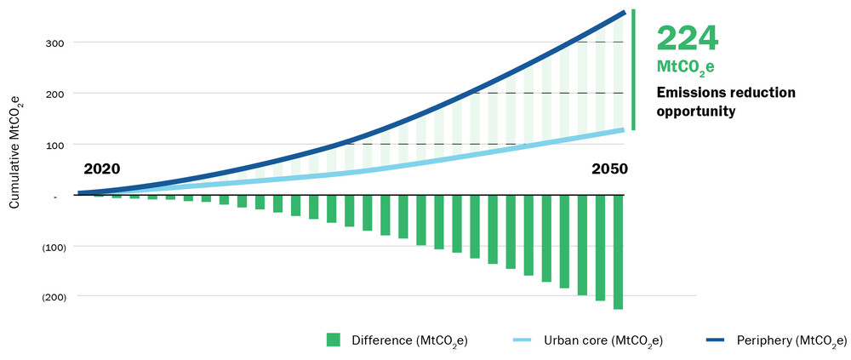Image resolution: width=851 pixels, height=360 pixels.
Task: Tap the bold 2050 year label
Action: pyautogui.click(x=609, y=169)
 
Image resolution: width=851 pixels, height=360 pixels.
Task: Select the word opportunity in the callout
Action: pyautogui.click(x=695, y=111)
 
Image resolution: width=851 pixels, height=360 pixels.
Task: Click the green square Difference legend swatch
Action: pyautogui.click(x=334, y=340)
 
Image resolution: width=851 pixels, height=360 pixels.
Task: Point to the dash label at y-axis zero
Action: pyautogui.click(x=54, y=196)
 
